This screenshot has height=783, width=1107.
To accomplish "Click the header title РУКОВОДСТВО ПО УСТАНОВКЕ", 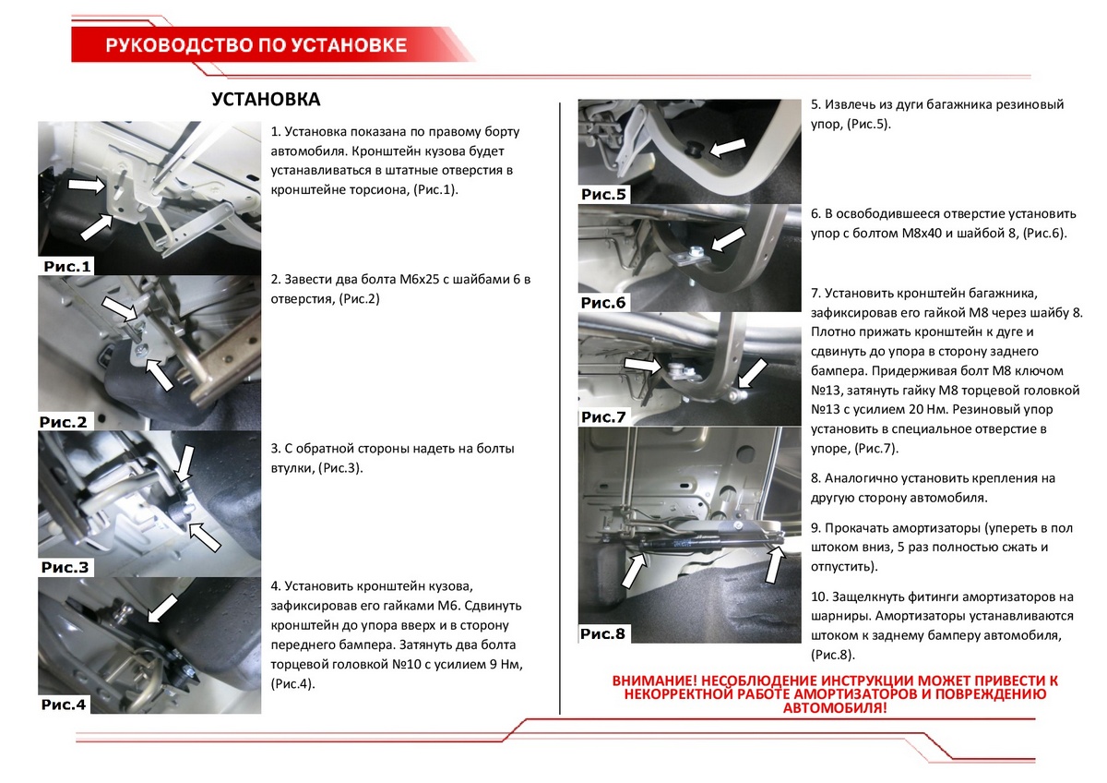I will (256, 45).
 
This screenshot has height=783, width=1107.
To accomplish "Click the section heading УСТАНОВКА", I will (266, 99).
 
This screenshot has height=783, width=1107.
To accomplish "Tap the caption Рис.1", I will (68, 267).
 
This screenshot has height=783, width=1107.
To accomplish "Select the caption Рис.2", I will (63, 422).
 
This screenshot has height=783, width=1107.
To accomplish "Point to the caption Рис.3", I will (65, 567).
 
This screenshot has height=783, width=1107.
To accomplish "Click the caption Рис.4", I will (64, 705).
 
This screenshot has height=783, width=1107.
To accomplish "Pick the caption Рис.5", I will (603, 194).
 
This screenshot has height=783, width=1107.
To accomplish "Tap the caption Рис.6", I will (603, 303).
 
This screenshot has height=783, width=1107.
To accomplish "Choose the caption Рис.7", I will (603, 417).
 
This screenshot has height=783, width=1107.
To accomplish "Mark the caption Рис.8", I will (603, 633).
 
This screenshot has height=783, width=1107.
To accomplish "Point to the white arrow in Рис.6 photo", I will (729, 238).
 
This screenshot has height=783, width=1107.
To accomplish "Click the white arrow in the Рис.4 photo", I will (163, 608).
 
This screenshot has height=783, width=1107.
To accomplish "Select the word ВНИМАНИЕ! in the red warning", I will (656, 681).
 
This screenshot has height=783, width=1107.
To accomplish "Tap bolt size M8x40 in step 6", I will (923, 233).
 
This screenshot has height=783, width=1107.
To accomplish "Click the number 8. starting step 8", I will (816, 478).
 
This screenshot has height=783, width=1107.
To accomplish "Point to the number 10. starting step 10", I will (820, 596).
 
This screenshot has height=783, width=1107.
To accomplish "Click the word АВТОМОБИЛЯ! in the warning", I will (835, 708).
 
